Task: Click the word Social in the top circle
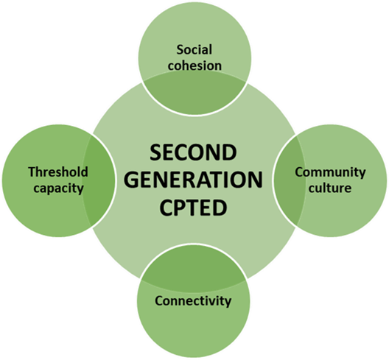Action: click(194, 49)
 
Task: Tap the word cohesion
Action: click(194, 66)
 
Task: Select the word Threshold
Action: click(58, 172)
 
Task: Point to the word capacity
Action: click(58, 188)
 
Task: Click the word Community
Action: click(330, 172)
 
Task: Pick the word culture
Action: click(330, 188)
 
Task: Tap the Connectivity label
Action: click(193, 301)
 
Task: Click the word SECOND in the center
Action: click(193, 152)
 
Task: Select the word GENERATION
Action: click(196, 180)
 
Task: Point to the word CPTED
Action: click(193, 208)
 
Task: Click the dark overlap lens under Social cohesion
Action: click(194, 93)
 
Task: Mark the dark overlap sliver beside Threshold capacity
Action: click(98, 180)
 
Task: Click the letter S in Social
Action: click(181, 50)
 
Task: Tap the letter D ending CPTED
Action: click(220, 208)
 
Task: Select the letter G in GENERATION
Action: click(136, 180)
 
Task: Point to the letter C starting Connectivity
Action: click(159, 301)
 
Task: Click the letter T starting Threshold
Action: click(32, 172)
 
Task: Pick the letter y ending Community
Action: click(362, 174)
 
